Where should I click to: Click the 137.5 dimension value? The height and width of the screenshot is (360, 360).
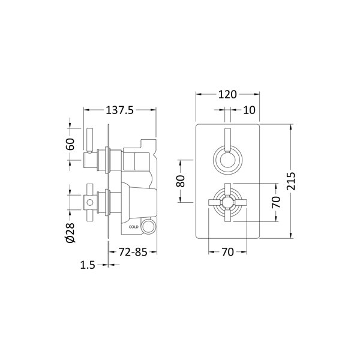pyautogui.click(x=119, y=110)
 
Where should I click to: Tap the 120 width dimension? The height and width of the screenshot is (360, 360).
pyautogui.click(x=227, y=94)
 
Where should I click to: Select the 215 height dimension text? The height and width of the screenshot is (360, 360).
pyautogui.click(x=291, y=181)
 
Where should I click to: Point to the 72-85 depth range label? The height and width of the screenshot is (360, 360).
pyautogui.click(x=133, y=252)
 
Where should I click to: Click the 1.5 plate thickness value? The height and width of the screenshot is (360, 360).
pyautogui.click(x=88, y=265)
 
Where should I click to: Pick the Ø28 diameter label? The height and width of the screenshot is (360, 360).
pyautogui.click(x=70, y=233)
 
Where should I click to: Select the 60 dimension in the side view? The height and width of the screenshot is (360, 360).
pyautogui.click(x=70, y=144)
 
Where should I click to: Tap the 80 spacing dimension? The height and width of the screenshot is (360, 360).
pyautogui.click(x=181, y=181)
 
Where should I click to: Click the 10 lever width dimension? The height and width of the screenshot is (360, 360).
pyautogui.click(x=249, y=110)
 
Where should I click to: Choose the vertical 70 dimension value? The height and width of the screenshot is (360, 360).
pyautogui.click(x=276, y=202)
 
